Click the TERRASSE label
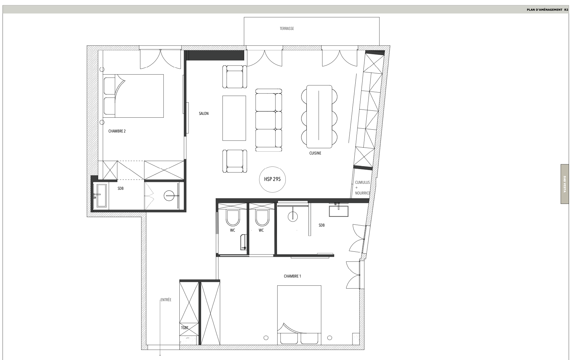(x=287, y=29)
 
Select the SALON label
(x=204, y=114)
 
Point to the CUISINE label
(x=315, y=153)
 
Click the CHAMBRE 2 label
(x=117, y=131)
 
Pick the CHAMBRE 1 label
(x=292, y=276)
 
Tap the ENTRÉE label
(x=166, y=300)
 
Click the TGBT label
(x=185, y=328)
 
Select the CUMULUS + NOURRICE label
(x=363, y=188)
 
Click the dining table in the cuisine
(x=319, y=116)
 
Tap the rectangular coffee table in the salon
(x=234, y=118)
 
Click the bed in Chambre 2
(x=133, y=96)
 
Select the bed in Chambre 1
(x=299, y=315)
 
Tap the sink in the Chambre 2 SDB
(x=101, y=196)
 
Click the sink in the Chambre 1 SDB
(x=339, y=210)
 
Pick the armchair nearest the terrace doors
(x=234, y=77)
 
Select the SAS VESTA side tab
(x=565, y=184)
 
